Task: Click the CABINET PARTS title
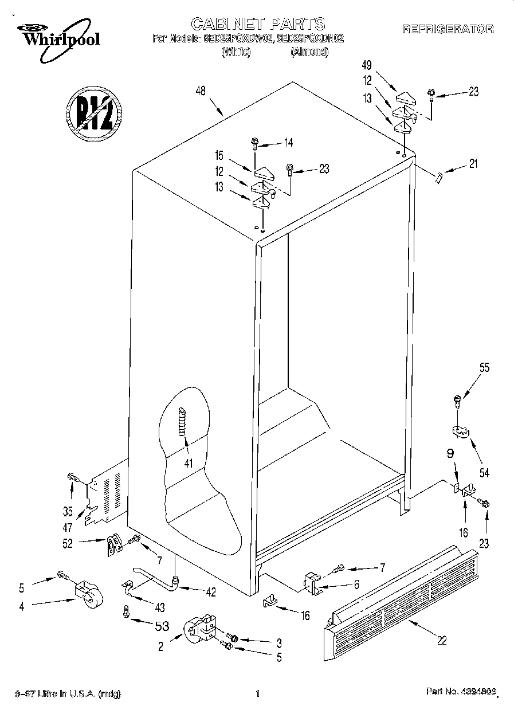[x=257, y=23]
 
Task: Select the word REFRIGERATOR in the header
[x=447, y=29]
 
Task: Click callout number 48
[x=200, y=91]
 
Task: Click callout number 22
[x=441, y=641]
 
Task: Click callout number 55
[x=484, y=368]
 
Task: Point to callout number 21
[x=473, y=164]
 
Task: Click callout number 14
[x=288, y=143]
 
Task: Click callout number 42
[x=211, y=593]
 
